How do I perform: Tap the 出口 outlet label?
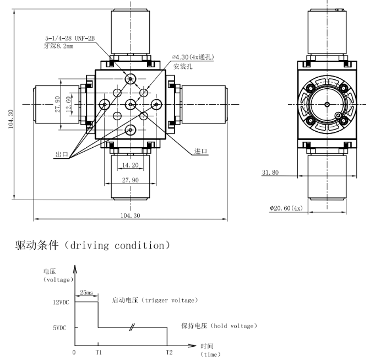(61, 155)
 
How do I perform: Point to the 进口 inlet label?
(201, 151)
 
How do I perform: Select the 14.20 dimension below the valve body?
(130, 164)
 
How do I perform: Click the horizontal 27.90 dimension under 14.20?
(130, 180)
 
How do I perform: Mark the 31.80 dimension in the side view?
(270, 173)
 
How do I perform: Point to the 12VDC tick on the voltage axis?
(61, 302)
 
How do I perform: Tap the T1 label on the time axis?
(98, 351)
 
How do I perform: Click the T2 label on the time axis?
(169, 351)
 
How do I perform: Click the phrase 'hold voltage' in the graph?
(233, 326)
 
